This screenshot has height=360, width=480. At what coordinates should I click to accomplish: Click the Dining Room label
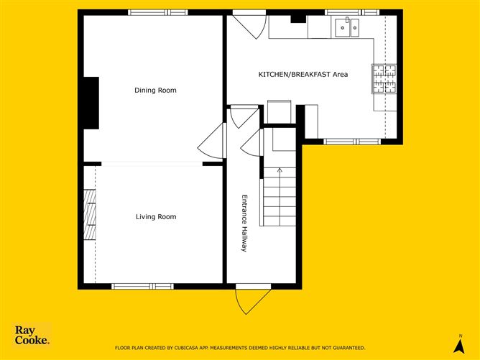155,91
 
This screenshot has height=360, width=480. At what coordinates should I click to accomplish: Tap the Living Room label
156,217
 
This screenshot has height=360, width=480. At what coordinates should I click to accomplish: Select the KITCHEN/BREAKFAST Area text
303,75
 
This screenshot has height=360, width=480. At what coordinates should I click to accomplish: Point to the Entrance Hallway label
244,223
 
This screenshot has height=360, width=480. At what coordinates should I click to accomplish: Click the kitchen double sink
347,27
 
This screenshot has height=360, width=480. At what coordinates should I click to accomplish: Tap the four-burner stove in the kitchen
384,78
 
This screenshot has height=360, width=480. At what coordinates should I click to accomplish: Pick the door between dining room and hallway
212,141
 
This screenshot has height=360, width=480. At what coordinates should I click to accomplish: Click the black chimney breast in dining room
91,103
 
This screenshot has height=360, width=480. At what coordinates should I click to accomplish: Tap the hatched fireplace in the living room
90,215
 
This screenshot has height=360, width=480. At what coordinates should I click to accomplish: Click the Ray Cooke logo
32,335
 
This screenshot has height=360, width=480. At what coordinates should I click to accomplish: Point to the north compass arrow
460,346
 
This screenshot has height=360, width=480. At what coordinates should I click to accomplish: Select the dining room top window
158,12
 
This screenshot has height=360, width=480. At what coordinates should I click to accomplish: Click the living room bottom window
143,287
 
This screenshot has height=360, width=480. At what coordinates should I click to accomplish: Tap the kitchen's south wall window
352,142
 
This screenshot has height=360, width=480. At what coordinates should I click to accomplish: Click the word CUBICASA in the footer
186,348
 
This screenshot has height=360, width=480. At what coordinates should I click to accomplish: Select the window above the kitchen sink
352,12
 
